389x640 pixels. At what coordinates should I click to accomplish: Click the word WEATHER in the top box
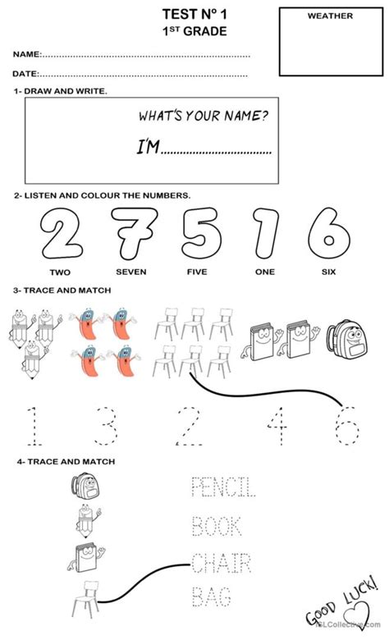click(x=330, y=16)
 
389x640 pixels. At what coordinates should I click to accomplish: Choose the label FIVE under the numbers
click(x=198, y=272)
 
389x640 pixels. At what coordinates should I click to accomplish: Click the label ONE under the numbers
click(x=265, y=272)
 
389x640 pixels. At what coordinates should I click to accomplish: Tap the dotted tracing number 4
click(x=277, y=423)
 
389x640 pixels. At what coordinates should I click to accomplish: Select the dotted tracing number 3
click(x=105, y=423)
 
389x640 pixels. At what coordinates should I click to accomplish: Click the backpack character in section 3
click(x=344, y=336)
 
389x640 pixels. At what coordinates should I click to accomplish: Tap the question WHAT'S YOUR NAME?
click(x=203, y=117)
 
